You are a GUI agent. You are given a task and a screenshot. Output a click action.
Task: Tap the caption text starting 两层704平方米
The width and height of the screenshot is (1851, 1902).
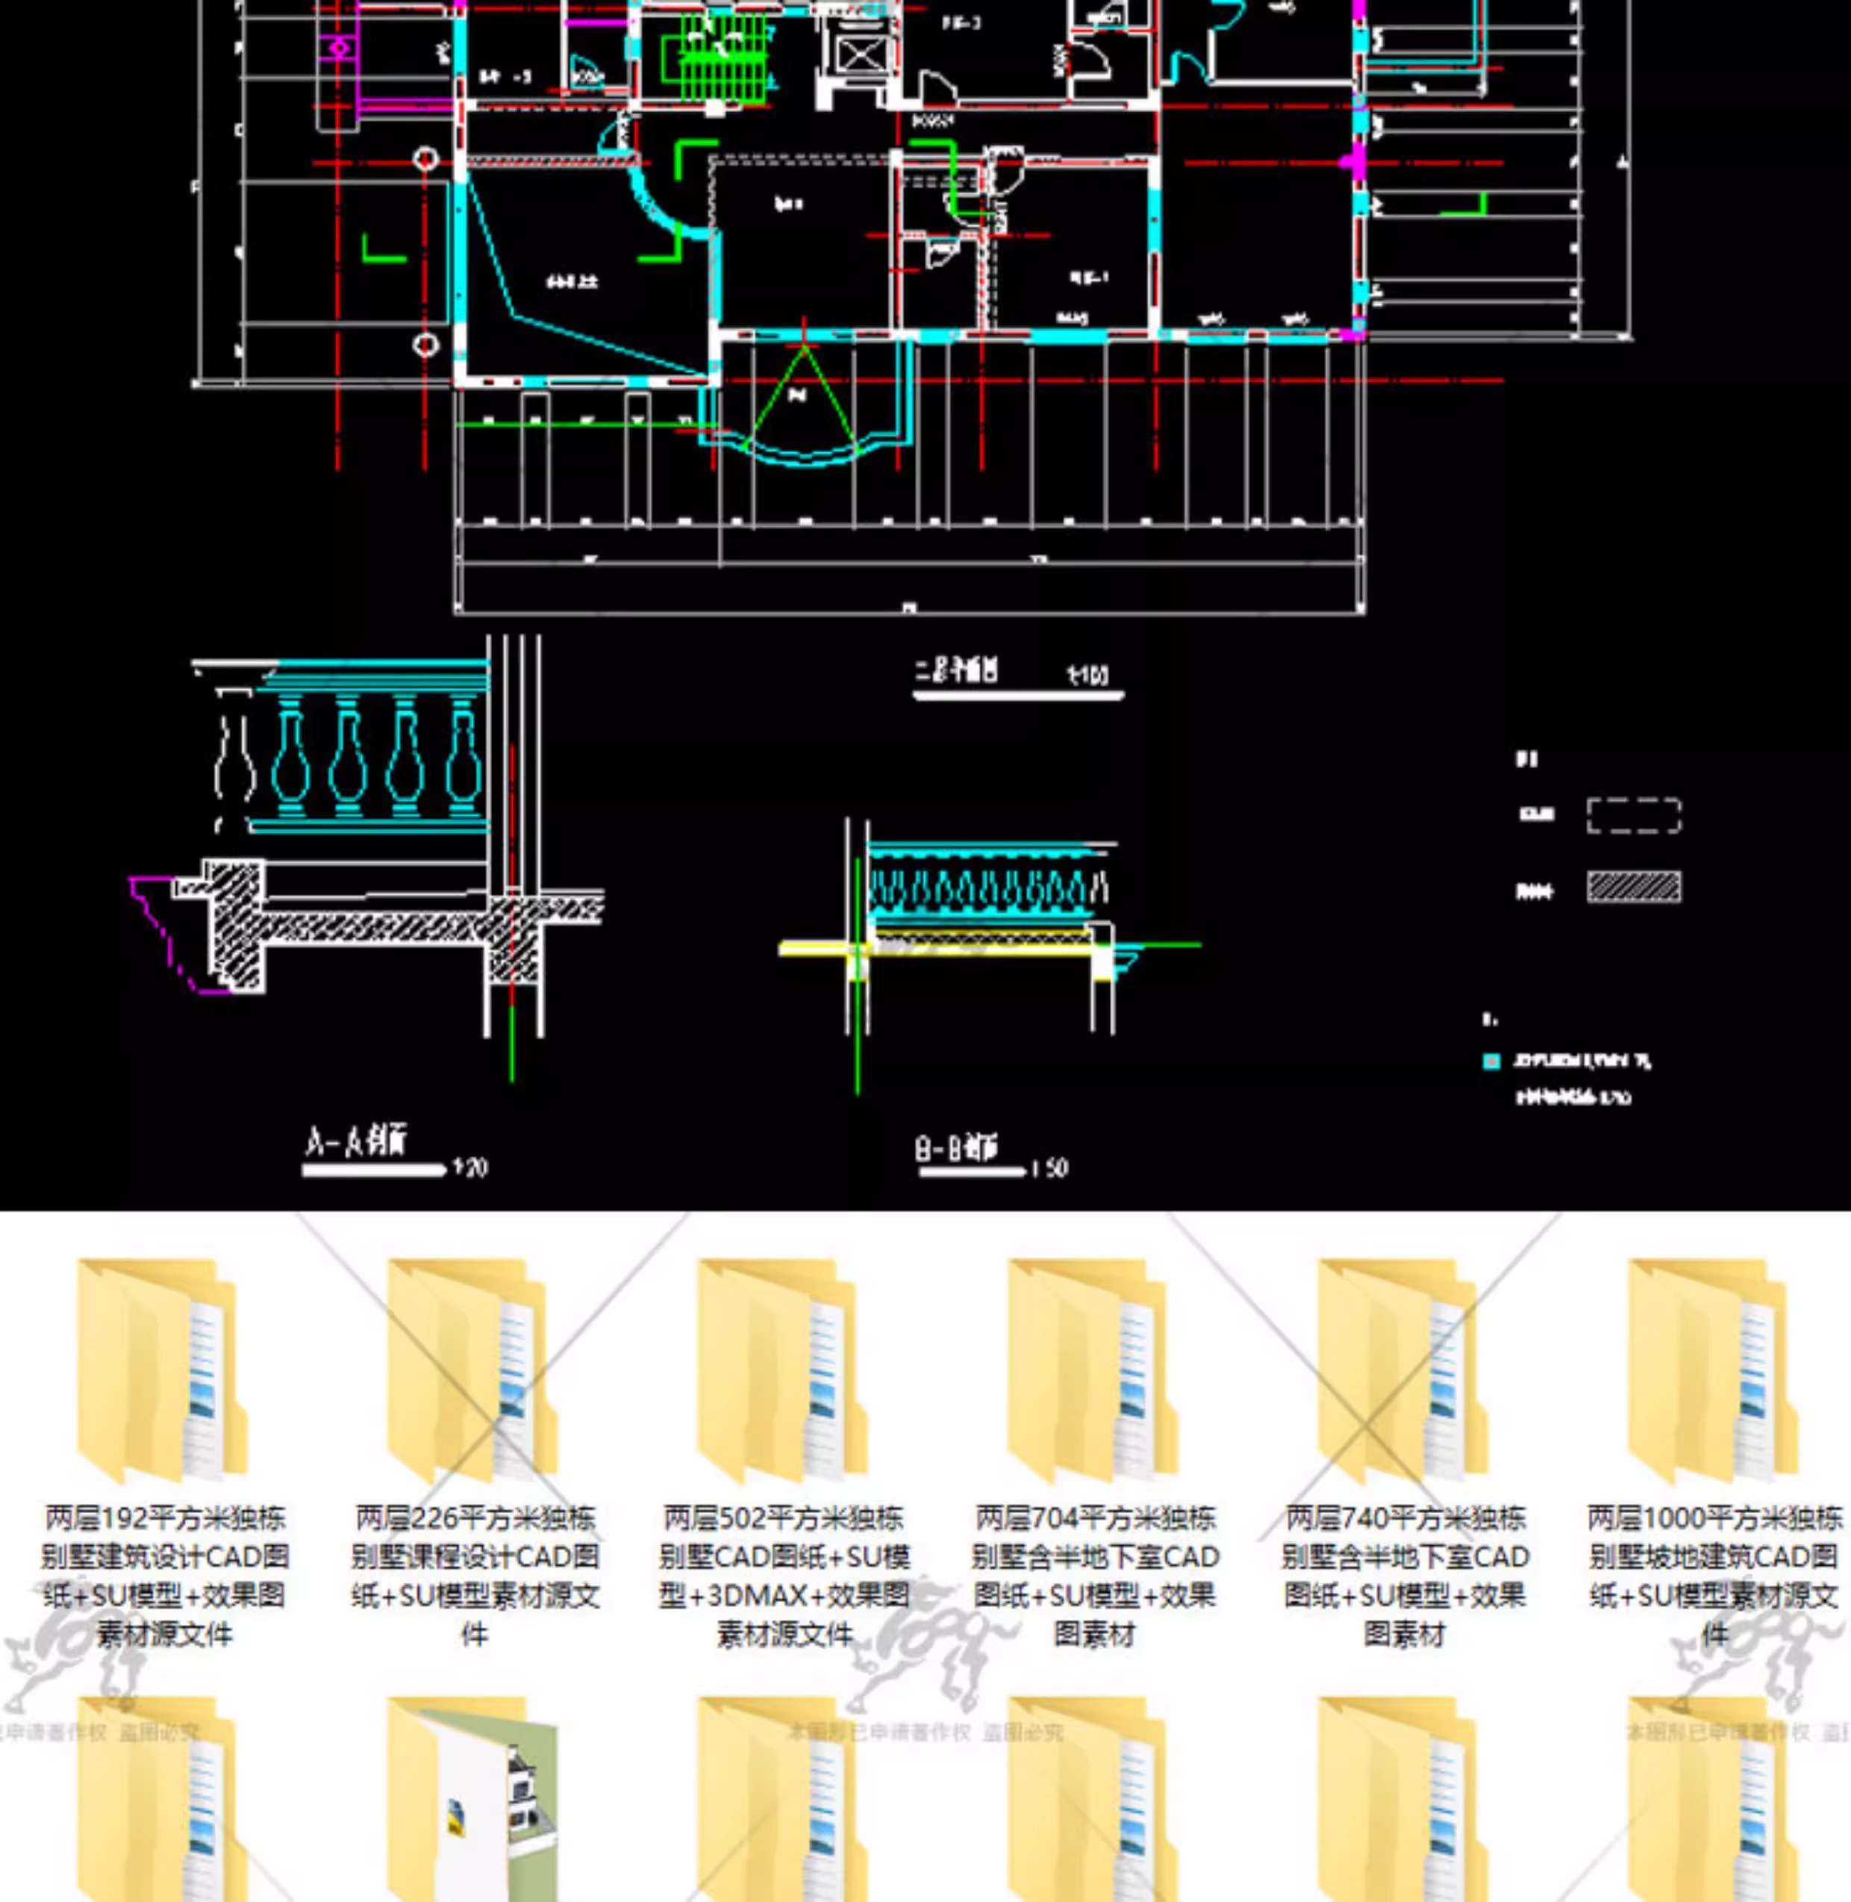coord(1095,1574)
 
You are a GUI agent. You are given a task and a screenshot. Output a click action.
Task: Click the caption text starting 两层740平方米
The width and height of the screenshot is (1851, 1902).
coord(1405,1574)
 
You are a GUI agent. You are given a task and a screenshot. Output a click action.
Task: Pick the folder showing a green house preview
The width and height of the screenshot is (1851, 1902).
coord(472,1799)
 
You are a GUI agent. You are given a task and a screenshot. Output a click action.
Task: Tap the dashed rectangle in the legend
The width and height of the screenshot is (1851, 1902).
coord(1633,815)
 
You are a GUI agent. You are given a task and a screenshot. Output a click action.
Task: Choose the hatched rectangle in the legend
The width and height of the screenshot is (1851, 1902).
coord(1633,887)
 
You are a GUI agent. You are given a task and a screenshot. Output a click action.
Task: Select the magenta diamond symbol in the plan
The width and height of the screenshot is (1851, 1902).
coord(338,47)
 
